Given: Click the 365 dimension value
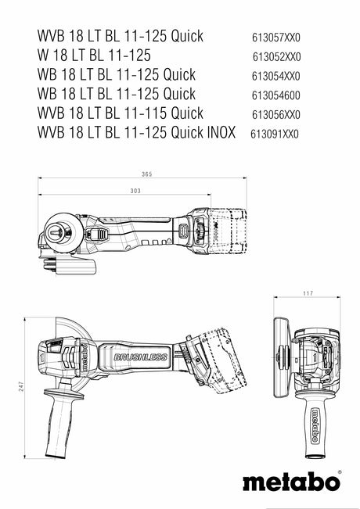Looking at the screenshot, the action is click(x=147, y=174).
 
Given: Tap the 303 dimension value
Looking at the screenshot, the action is click(x=135, y=191).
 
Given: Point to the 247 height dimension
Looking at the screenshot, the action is click(x=21, y=387).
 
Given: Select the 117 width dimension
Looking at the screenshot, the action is click(x=308, y=293).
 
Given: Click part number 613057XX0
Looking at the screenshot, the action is click(x=276, y=38).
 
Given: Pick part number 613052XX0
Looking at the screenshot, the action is click(x=277, y=57).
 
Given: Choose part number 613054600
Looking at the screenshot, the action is click(x=275, y=95).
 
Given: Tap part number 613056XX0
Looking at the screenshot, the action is click(x=275, y=115).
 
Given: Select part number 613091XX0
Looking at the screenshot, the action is click(x=274, y=134).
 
